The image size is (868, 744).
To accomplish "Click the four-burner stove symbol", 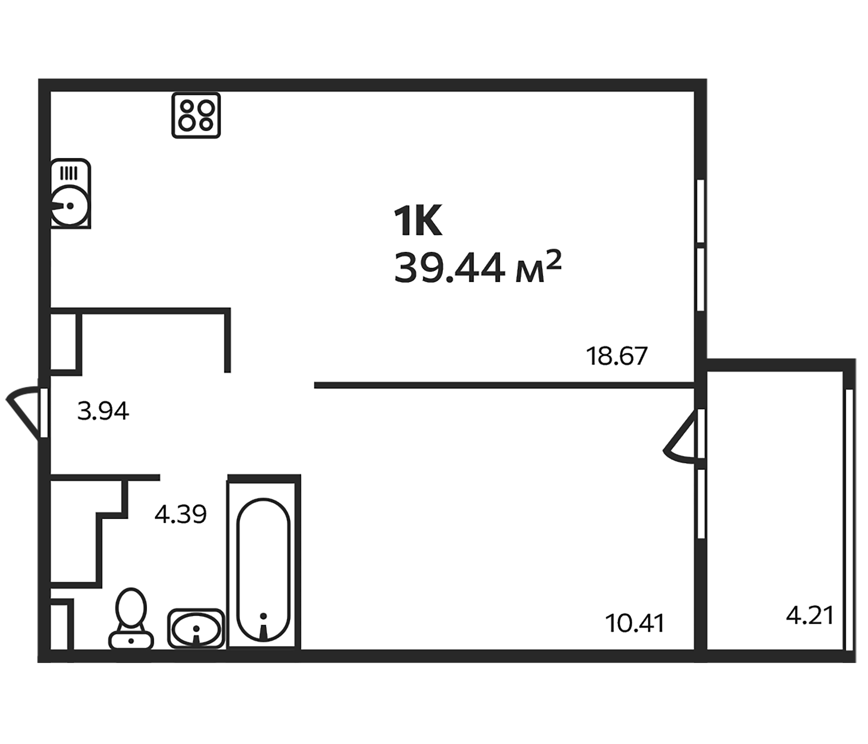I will tap(196, 115).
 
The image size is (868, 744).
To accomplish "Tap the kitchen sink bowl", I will tap(69, 206).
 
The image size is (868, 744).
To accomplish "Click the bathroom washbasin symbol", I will tap(196, 628).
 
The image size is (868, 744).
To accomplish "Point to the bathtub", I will tap(264, 570).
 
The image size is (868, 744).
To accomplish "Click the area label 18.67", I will tap(616, 356).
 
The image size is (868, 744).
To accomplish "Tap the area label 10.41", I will tap(634, 623).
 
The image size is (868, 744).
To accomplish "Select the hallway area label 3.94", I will tap(103, 411).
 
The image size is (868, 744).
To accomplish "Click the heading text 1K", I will tap(417, 221).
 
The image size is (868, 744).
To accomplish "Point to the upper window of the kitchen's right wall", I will tap(701, 211).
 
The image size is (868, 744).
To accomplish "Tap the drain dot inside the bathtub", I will tap(263, 615).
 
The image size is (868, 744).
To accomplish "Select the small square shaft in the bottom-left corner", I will tap(59, 626).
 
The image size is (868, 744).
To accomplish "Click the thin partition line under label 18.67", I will tap(503, 385).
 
